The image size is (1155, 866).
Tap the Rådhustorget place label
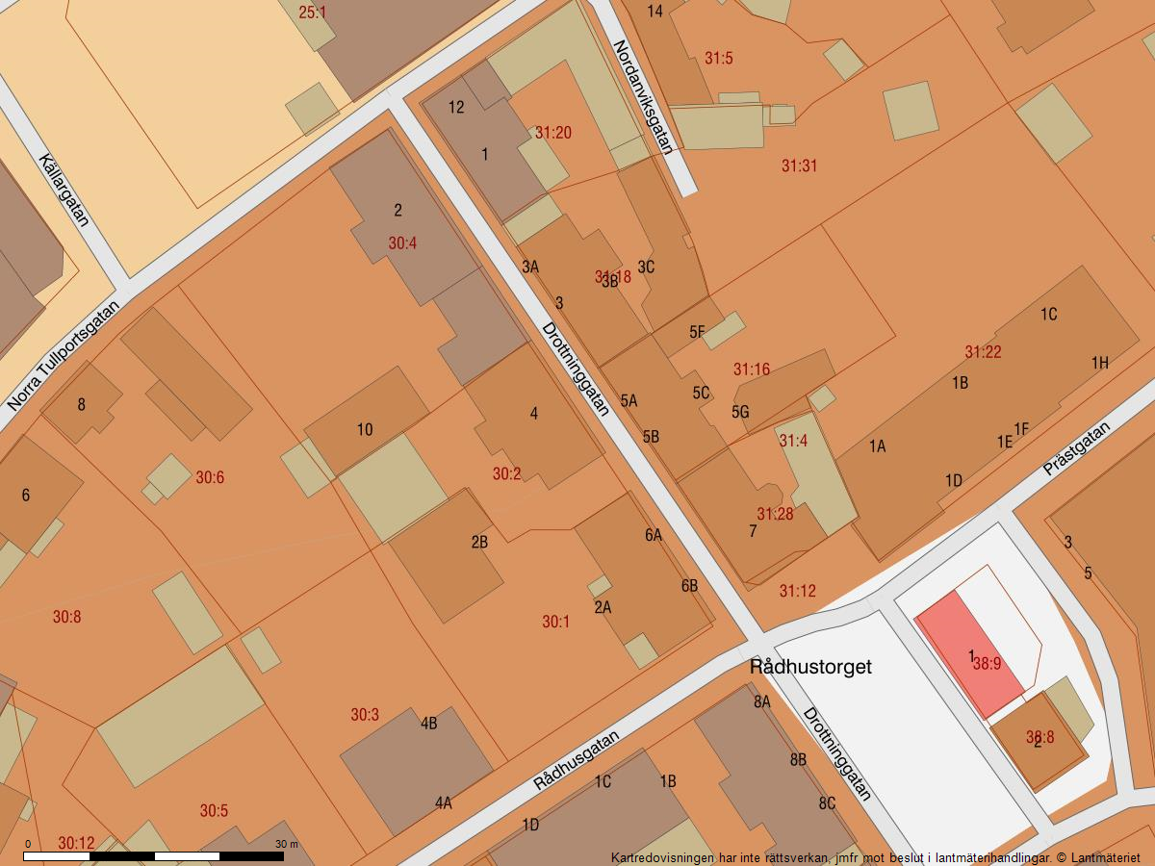tap(810, 666)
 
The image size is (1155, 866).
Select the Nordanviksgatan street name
tap(642, 96)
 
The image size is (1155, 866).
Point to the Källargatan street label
tap(64, 190)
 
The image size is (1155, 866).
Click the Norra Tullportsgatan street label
tap(64, 356)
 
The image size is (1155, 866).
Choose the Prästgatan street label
tap(1077, 448)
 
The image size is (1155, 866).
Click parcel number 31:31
tap(799, 166)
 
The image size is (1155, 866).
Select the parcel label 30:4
tap(402, 243)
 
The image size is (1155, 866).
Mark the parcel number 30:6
tap(210, 477)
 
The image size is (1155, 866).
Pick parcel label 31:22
tap(983, 352)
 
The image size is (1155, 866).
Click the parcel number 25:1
tap(312, 13)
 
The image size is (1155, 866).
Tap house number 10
tap(365, 430)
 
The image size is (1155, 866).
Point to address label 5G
tap(739, 412)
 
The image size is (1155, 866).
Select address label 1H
tap(1099, 363)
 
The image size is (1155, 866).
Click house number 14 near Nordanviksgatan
tap(654, 12)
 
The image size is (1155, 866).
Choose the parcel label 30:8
tap(66, 617)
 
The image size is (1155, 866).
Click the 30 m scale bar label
tap(287, 844)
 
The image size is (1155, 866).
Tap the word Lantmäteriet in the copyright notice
tap(1106, 857)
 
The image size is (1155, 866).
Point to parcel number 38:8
tap(1039, 738)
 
